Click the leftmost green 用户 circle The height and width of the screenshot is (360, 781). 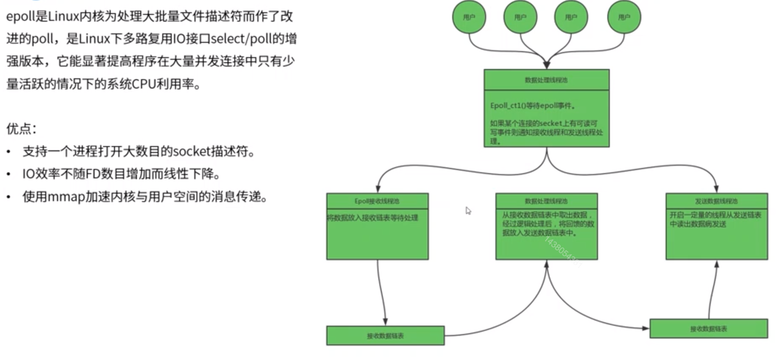click(x=469, y=17)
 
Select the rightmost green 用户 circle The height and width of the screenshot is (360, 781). click(x=624, y=17)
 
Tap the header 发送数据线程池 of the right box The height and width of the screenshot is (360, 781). click(x=716, y=201)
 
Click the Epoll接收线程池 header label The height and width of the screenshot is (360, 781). click(x=377, y=201)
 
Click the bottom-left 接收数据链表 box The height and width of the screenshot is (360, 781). click(x=385, y=336)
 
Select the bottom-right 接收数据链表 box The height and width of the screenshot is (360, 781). click(x=709, y=329)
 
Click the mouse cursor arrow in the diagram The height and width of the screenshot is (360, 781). click(x=468, y=210)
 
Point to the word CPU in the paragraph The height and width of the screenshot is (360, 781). click(x=144, y=84)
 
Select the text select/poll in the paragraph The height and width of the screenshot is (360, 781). click(x=241, y=39)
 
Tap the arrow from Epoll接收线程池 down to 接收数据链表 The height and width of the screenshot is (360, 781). click(x=381, y=292)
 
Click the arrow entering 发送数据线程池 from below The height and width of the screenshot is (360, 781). click(x=714, y=288)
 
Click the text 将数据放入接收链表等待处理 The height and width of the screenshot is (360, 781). click(x=372, y=218)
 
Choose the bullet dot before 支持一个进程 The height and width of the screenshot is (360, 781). click(x=8, y=151)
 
